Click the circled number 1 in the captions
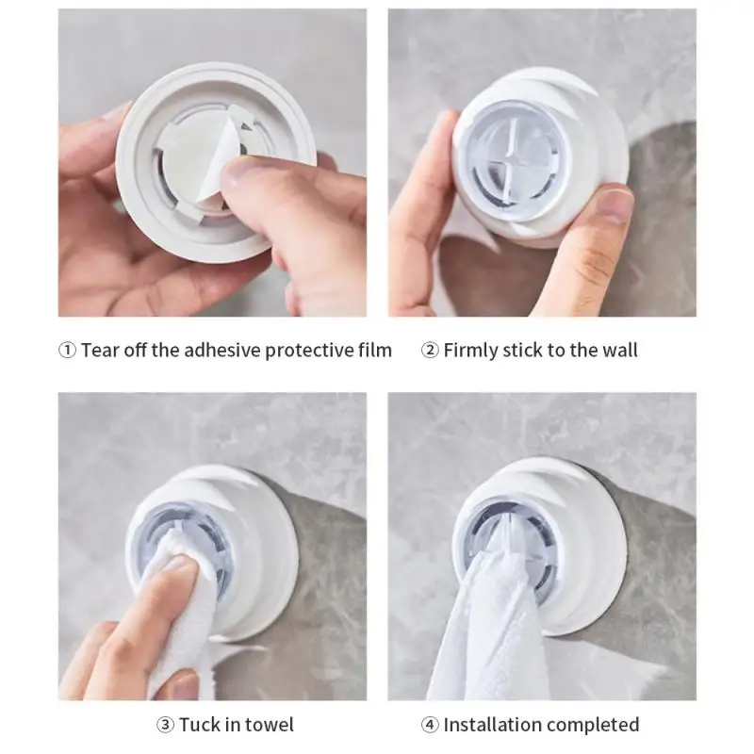67,351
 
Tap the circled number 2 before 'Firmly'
430,351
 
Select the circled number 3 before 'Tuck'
164,725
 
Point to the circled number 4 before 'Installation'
430,725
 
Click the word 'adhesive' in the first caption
220,351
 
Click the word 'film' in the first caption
374,351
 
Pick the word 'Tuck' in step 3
200,725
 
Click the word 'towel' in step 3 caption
270,725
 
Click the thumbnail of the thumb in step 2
614,203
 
